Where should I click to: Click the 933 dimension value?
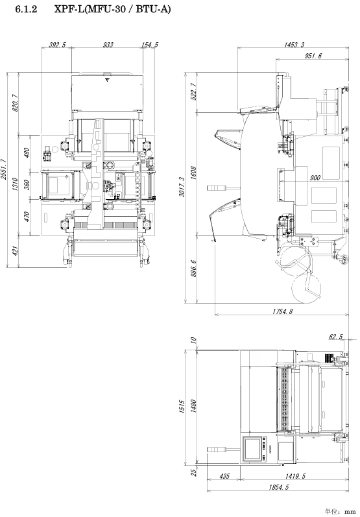click(108, 45)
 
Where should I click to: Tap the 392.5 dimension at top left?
click(57, 45)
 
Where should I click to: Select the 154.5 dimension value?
click(150, 45)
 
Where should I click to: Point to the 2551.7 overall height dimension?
click(4, 169)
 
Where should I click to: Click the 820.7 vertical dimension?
click(15, 103)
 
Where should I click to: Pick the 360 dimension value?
click(27, 184)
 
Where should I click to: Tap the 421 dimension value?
click(15, 250)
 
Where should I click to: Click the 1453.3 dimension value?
click(294, 45)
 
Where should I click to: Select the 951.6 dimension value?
click(313, 56)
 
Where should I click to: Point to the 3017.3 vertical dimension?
click(182, 187)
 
